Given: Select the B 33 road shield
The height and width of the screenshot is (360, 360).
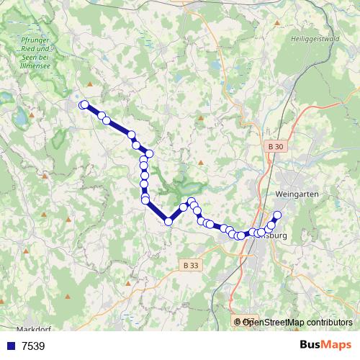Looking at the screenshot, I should tap(190, 265).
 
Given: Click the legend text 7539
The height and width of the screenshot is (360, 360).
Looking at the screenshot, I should tap(34, 346).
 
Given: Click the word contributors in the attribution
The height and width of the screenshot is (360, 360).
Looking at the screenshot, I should tap(330, 322).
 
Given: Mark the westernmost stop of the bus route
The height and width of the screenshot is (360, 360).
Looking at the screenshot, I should tap(84, 104).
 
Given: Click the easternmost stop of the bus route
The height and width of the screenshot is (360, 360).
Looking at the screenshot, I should tap(277, 215).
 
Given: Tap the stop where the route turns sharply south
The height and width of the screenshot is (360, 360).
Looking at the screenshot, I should tap(149, 153).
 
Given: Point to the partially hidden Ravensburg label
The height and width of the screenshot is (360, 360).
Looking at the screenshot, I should tap(275, 235).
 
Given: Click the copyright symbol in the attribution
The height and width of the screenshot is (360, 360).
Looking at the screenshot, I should tap(238, 322).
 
